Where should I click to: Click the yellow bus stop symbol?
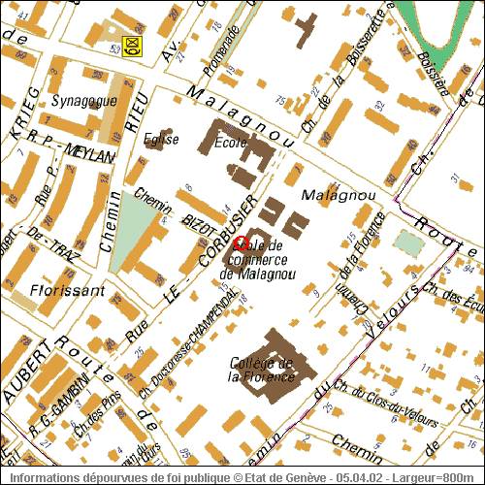point(129,45)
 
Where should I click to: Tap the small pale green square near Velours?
point(410,243)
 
